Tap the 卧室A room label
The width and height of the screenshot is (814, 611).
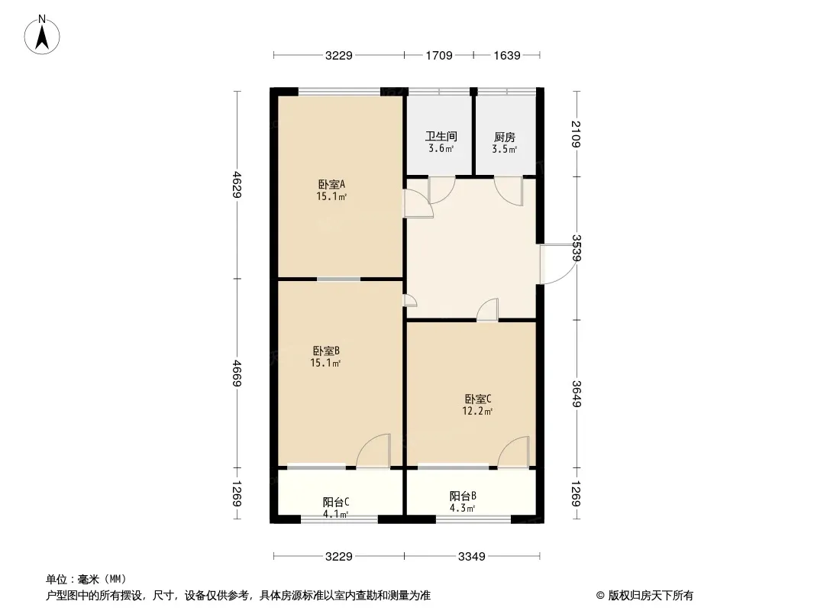[331, 184]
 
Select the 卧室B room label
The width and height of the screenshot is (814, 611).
[326, 351]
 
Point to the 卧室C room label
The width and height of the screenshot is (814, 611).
[477, 399]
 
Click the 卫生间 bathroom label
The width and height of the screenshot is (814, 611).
[441, 137]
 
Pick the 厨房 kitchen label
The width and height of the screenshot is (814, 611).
[505, 137]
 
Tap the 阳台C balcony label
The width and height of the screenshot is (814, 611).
[336, 502]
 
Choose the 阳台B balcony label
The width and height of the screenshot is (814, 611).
[463, 496]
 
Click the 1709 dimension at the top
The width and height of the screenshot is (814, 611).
[439, 55]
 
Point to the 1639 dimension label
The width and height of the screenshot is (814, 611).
[507, 55]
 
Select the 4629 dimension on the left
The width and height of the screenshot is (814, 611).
[237, 184]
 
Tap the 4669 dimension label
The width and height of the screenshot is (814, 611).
[237, 373]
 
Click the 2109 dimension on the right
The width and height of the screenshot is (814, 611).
[577, 134]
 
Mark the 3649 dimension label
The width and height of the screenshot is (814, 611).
[577, 394]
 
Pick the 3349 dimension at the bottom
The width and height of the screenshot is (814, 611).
[471, 557]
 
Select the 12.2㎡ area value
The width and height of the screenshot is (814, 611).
[477, 411]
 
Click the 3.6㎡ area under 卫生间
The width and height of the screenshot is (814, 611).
[441, 148]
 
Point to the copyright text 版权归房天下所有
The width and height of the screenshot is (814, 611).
[651, 596]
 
